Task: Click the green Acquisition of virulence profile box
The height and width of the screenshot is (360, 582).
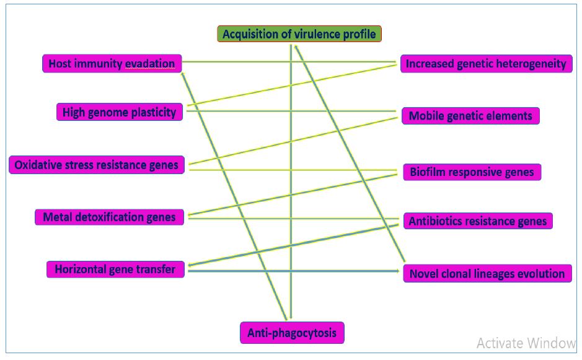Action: pyautogui.click(x=299, y=34)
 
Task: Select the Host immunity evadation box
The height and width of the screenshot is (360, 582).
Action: pyautogui.click(x=112, y=64)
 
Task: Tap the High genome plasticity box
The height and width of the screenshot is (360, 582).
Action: pyautogui.click(x=120, y=112)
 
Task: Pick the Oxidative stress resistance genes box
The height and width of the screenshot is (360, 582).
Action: pyautogui.click(x=97, y=165)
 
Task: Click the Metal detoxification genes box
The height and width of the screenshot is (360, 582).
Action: pyautogui.click(x=109, y=217)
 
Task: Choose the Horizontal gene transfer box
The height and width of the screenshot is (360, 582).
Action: pyautogui.click(x=115, y=270)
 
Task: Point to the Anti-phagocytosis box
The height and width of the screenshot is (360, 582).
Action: pyautogui.click(x=291, y=333)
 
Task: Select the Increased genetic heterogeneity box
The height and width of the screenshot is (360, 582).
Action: pyautogui.click(x=486, y=64)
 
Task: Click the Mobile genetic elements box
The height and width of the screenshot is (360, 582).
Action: pyautogui.click(x=470, y=116)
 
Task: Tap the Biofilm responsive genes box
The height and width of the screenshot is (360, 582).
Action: pyautogui.click(x=472, y=172)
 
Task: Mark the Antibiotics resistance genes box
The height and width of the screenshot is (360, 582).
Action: pyautogui.click(x=478, y=221)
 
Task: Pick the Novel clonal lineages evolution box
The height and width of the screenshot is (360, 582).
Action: pyautogui.click(x=487, y=274)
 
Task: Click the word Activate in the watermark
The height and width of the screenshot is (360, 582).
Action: pyautogui.click(x=498, y=343)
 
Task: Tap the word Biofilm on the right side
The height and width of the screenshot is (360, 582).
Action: pyautogui.click(x=428, y=172)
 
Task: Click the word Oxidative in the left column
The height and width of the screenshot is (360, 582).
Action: pyautogui.click(x=38, y=165)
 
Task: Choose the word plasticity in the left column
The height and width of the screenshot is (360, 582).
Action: pyautogui.click(x=154, y=112)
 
